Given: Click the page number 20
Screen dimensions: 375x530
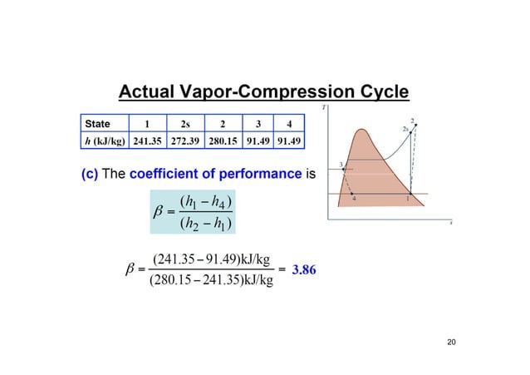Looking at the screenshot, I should click(x=452, y=342).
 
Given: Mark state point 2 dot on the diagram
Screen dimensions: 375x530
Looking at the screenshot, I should click(x=416, y=126).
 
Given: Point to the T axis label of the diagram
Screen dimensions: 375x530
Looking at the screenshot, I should click(x=324, y=106).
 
